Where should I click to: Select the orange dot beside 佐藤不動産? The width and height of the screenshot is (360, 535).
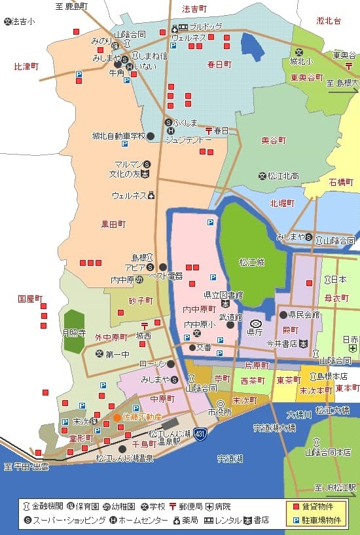point(117,417)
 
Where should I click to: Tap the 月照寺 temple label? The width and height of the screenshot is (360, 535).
point(73,332)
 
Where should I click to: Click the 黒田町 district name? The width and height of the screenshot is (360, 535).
point(113,224)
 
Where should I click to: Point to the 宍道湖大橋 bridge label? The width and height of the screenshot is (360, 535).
point(274,428)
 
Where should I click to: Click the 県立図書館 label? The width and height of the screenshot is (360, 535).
point(223,295)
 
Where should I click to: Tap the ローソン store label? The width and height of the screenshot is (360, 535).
point(153,363)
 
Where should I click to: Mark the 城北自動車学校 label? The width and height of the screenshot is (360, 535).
point(118,136)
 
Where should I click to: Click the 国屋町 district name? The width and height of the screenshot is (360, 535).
point(30,299)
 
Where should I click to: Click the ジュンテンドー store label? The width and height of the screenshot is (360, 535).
point(188,139)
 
